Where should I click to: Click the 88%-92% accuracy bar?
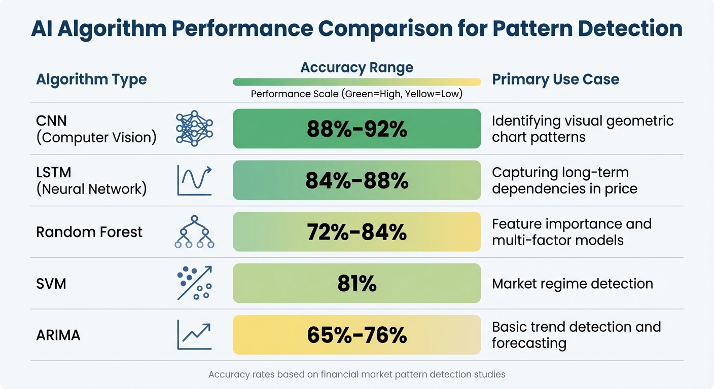[x=356, y=129]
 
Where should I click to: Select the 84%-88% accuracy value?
[x=356, y=180]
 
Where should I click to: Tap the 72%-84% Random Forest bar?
[x=356, y=232]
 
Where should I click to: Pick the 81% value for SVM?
[x=356, y=284]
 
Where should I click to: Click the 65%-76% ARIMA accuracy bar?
[x=356, y=335]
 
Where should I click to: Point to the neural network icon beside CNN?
[x=194, y=129]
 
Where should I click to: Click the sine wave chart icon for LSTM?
[x=194, y=180]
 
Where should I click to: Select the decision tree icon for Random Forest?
[x=194, y=232]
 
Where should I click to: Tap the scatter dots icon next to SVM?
[x=194, y=284]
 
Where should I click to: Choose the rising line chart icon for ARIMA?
[x=194, y=334]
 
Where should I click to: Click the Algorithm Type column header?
[x=91, y=80]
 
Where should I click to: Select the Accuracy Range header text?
[x=356, y=67]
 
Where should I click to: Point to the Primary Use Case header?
[x=555, y=80]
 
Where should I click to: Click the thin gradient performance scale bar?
[x=356, y=82]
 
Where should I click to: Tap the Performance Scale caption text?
[x=356, y=94]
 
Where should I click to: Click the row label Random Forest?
[x=89, y=232]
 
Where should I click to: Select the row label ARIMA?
[x=58, y=335]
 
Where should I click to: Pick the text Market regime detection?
[x=573, y=284]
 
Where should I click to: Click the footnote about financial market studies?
[x=356, y=375]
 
